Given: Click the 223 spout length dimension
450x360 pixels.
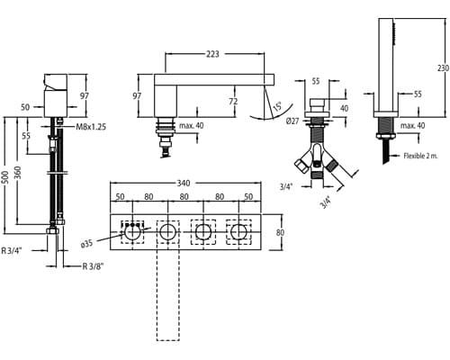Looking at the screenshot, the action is pos(212,54).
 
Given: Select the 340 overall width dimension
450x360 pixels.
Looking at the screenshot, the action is pos(184,183).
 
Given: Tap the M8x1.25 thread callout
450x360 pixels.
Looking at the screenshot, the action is pos(91,127).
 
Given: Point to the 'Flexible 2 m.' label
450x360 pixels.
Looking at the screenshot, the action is pos(420,156).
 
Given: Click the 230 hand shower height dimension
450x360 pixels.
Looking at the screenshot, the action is pos(443,67).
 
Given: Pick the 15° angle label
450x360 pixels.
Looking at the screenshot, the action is pos(277,106).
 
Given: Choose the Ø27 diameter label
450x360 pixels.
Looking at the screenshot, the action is pos(292,121).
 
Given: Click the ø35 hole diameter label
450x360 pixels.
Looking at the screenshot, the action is pos(87,244).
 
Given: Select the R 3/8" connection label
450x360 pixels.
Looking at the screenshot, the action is pos(93,266).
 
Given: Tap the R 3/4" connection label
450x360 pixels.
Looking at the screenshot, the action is pos(12,250).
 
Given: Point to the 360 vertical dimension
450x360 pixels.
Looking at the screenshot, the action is pos(18,174).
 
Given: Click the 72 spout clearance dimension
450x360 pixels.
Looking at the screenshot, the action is pos(233,101).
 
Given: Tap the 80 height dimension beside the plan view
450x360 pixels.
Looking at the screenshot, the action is pos(280,232).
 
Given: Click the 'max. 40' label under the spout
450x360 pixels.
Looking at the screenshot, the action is pos(191,125).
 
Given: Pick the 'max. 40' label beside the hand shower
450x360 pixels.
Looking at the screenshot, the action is pos(413,125).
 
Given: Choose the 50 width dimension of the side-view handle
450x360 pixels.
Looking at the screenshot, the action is pos(25,107).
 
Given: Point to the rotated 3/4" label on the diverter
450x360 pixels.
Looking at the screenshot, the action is pos(326,202).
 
